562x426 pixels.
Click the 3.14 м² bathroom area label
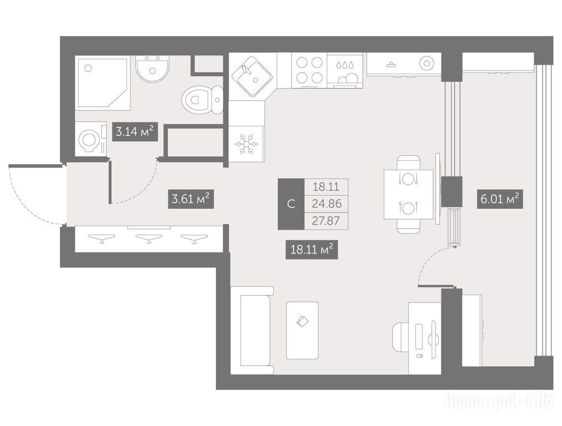click(135, 131)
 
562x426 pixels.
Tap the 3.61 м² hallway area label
click(191, 199)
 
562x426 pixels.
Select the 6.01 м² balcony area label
click(500, 199)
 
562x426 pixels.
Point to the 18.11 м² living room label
click(311, 249)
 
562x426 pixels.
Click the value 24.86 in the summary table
click(326, 204)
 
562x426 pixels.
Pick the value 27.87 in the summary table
click(326, 221)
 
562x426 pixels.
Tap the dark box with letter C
click(291, 204)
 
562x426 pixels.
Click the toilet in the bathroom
click(202, 99)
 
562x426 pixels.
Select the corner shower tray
click(102, 82)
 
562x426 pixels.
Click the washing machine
click(91, 139)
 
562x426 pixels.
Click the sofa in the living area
click(252, 331)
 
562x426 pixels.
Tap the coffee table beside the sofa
click(302, 331)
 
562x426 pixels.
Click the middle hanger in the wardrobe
click(149, 239)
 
